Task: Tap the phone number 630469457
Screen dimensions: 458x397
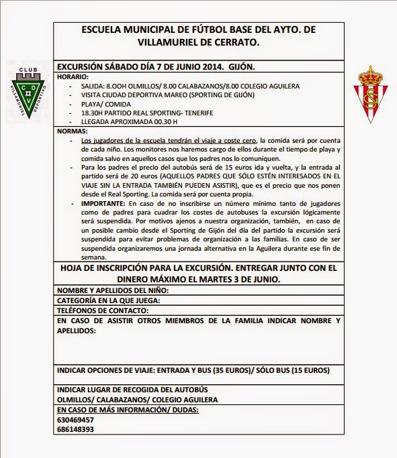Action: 75,419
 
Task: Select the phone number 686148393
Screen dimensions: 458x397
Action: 75,429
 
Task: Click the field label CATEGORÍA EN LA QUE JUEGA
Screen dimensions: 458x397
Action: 108,301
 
